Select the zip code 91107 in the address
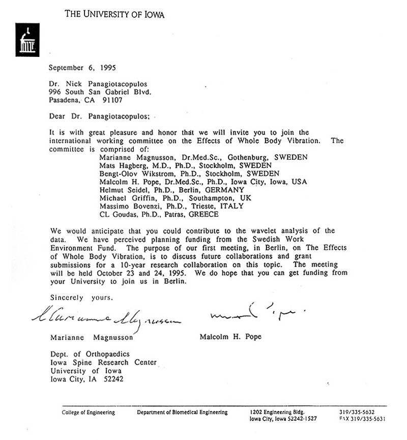114,100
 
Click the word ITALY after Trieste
232,206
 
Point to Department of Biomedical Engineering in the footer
182,412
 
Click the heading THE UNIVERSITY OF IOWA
114,14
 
